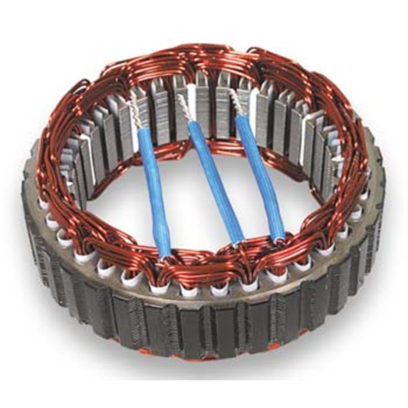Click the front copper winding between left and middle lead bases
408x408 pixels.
tap(200, 261)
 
